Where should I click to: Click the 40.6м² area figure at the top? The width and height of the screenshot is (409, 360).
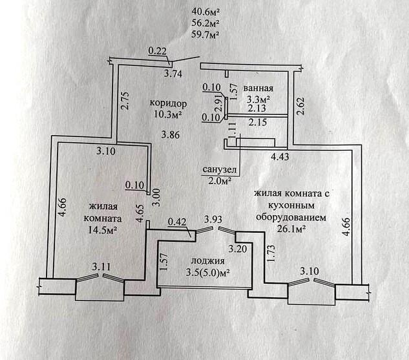tap(206, 11)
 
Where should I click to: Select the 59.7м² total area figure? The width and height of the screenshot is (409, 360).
tap(206, 35)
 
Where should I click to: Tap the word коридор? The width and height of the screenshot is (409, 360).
tap(168, 103)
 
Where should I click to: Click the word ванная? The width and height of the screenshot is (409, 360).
tap(260, 89)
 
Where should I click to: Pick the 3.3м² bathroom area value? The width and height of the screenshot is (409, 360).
tap(258, 100)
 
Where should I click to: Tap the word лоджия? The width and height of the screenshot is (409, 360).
tap(207, 261)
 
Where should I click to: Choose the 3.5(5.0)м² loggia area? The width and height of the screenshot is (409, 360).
tap(207, 273)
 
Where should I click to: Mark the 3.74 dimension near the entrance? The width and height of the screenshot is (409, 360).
tap(172, 74)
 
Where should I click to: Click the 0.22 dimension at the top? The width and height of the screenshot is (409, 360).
tap(157, 50)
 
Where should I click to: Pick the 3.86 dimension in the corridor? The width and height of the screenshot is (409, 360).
tap(169, 135)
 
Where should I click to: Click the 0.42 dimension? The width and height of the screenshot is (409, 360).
tap(176, 223)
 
